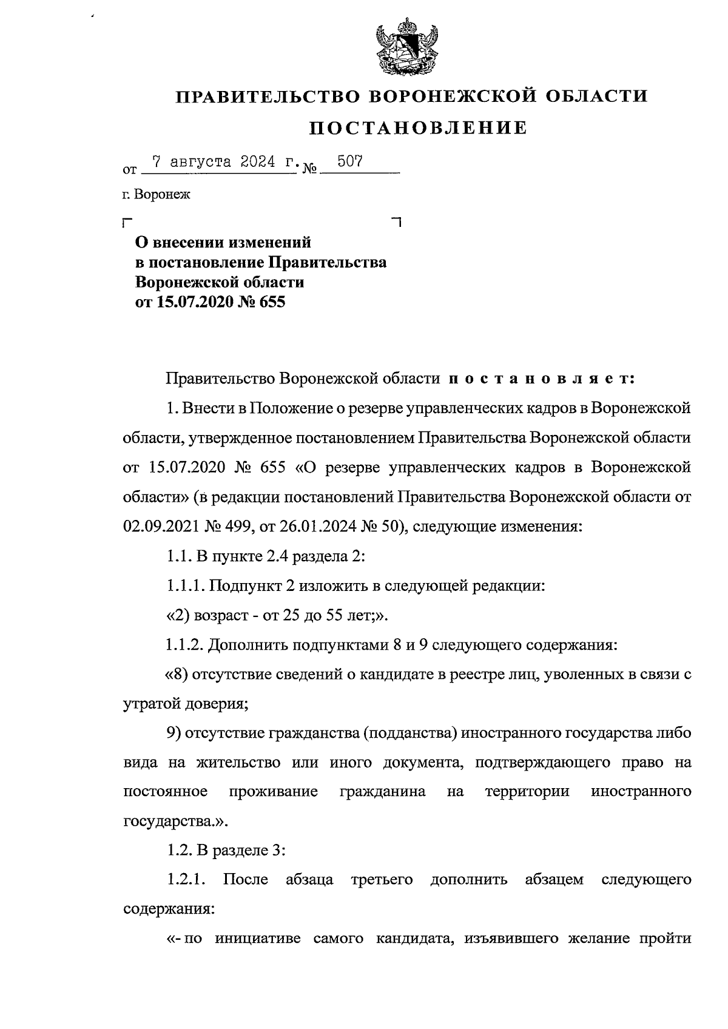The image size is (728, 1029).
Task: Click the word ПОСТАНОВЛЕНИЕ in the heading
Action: click(418, 128)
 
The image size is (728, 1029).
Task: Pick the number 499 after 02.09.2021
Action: click(240, 527)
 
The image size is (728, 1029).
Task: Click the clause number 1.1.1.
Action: click(185, 585)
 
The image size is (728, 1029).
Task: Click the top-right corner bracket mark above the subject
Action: click(397, 221)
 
